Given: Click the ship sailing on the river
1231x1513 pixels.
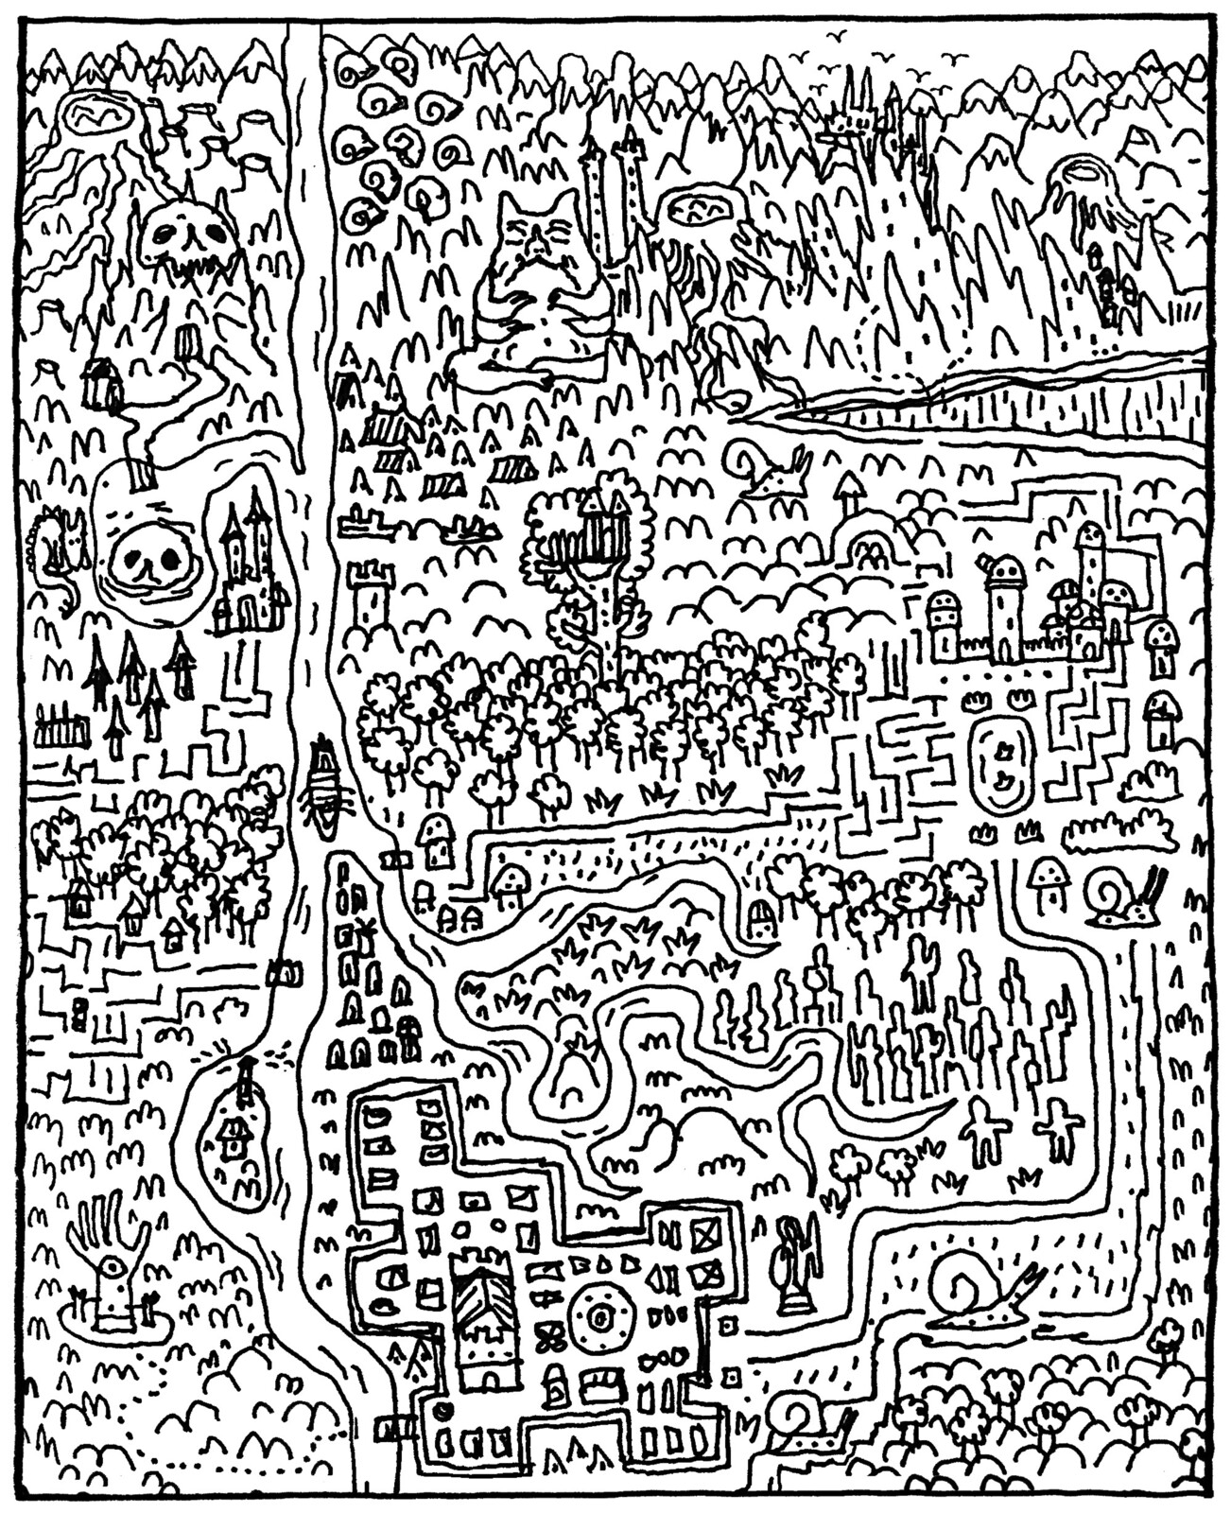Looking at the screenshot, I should [x=323, y=785].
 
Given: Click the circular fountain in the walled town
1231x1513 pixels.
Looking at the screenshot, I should [x=599, y=1315].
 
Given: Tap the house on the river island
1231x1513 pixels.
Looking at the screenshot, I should [x=232, y=1135].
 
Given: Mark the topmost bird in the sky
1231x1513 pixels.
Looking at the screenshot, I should [x=835, y=35].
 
